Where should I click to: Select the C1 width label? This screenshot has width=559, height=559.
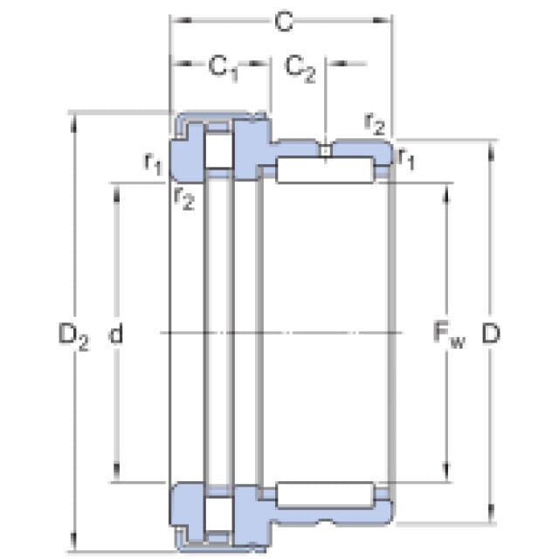pos(223,67)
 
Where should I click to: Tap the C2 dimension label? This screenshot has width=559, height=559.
pos(300,67)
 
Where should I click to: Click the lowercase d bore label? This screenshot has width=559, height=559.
pos(114,334)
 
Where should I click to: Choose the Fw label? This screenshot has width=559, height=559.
pos(450,334)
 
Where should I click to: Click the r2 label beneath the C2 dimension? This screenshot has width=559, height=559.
pos(374,124)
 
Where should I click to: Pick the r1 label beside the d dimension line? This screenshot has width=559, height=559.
pos(153,162)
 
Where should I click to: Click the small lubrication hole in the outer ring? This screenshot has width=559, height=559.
pos(325,151)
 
